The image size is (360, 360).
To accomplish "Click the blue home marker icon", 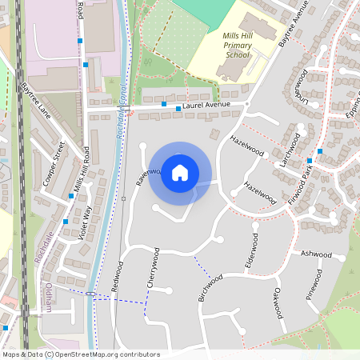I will [x=180, y=173].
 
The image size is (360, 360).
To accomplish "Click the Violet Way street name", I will [x=82, y=223].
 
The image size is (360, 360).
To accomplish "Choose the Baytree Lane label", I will [x=36, y=100].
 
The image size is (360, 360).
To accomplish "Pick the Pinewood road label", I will [x=316, y=285].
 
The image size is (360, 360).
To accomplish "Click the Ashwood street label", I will [x=315, y=254].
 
